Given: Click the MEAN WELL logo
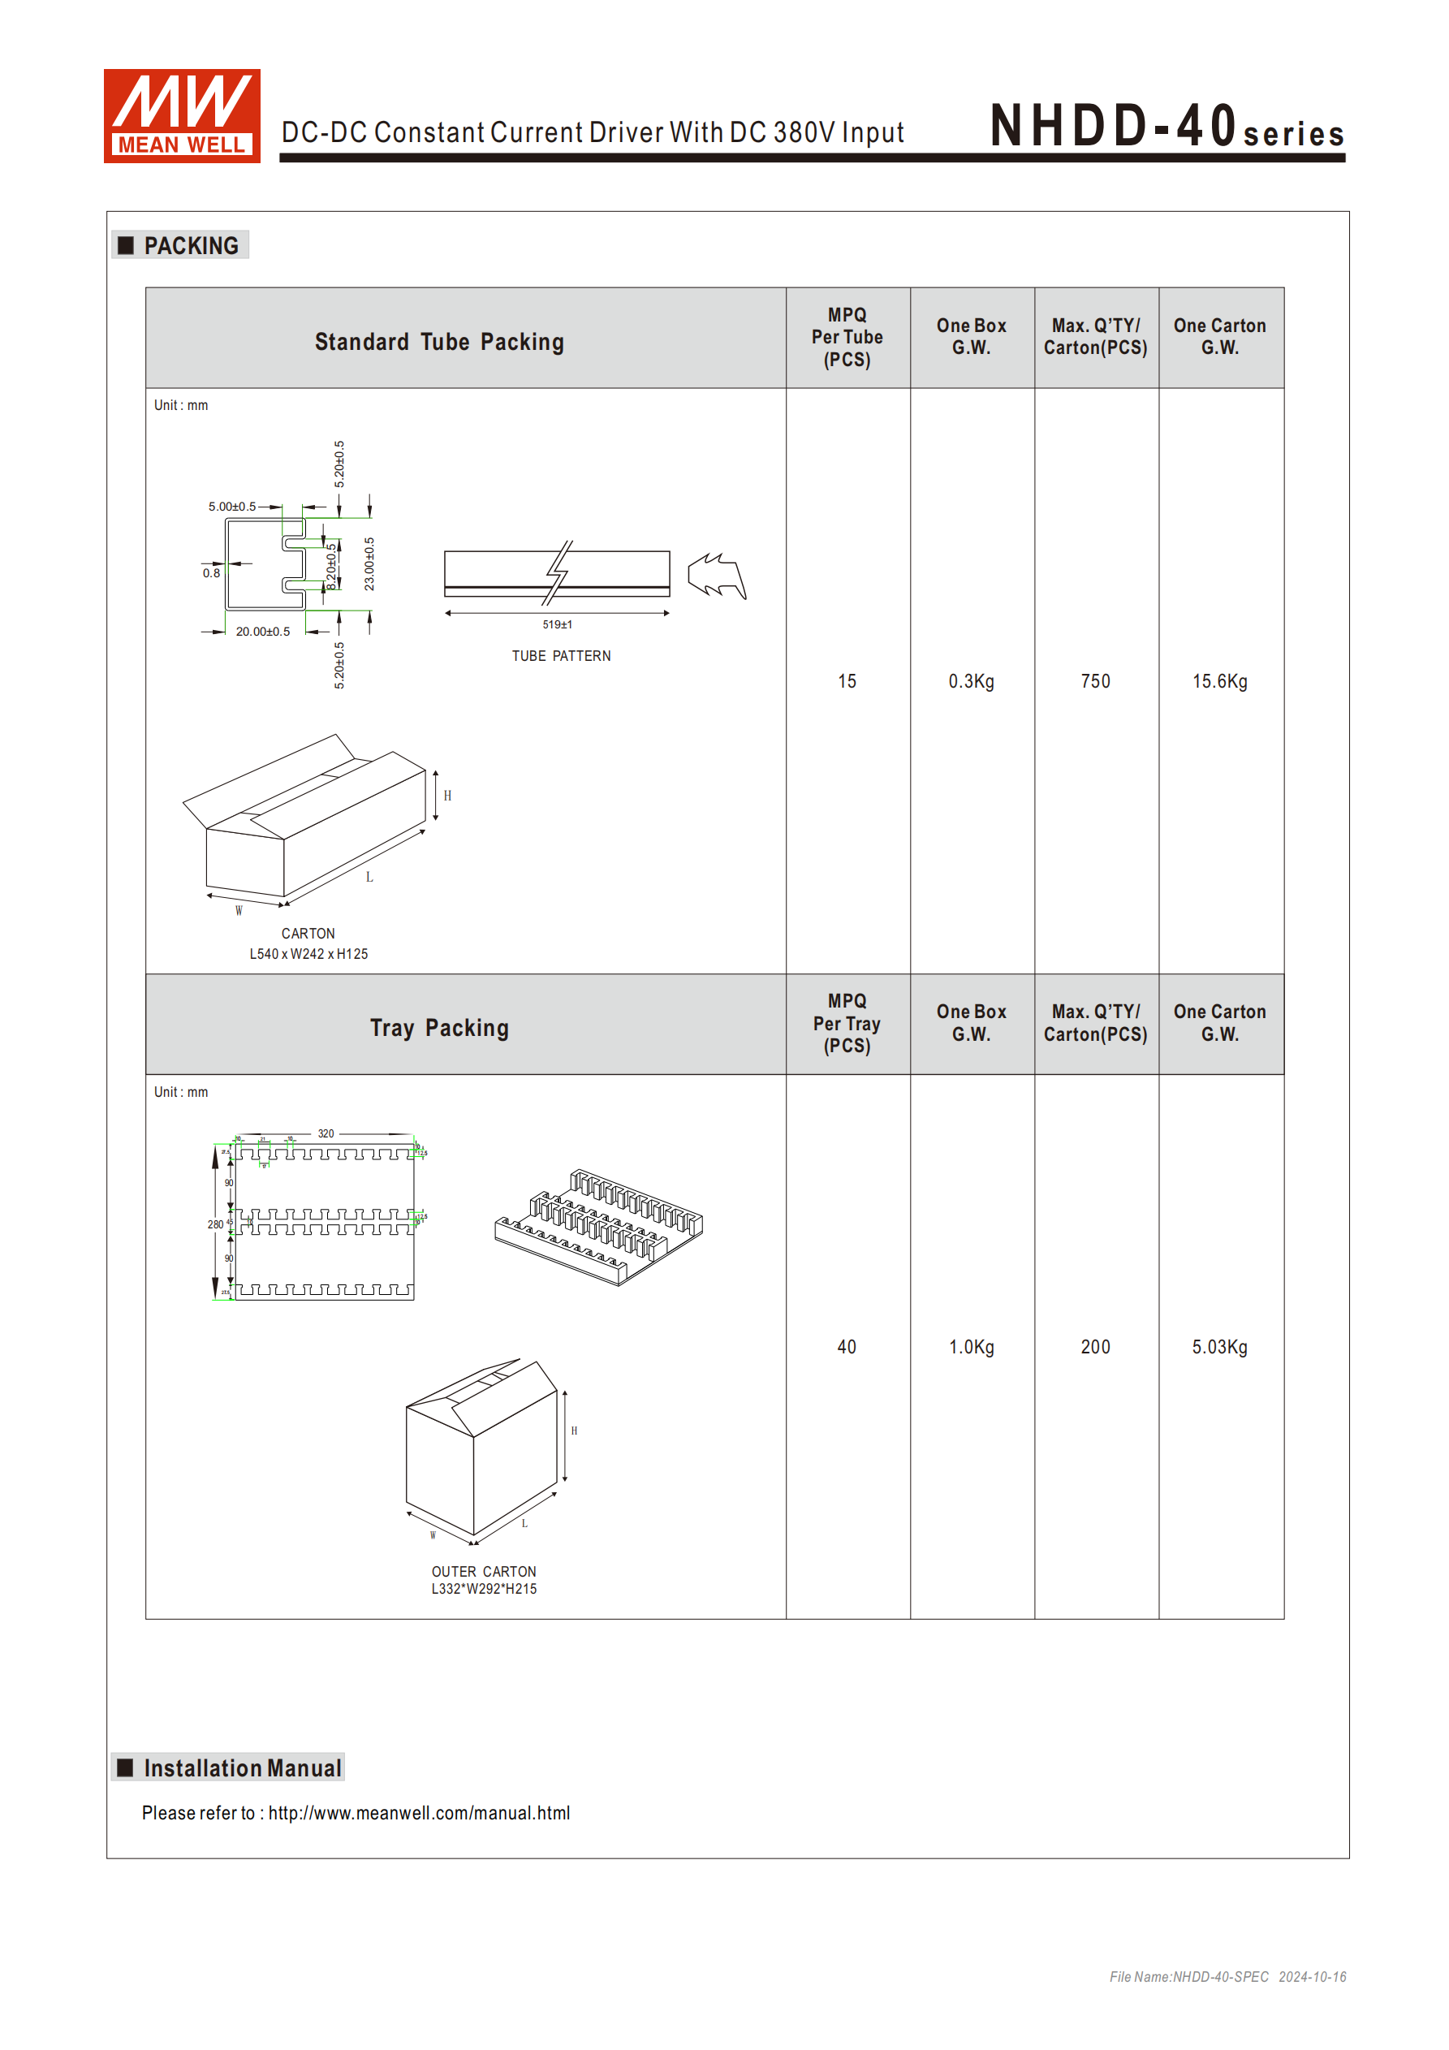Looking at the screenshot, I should pyautogui.click(x=181, y=116).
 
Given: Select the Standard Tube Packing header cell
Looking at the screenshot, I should pyautogui.click(x=439, y=342).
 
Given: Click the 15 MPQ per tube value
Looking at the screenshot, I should pyautogui.click(x=847, y=681).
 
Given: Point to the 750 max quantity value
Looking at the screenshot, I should pyautogui.click(x=1095, y=681).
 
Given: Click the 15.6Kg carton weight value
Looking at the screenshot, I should pyautogui.click(x=1219, y=681).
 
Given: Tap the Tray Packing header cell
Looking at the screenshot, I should pyautogui.click(x=439, y=1028).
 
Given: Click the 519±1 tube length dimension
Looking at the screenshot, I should pyautogui.click(x=557, y=624).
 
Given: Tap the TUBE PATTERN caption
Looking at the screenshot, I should pyautogui.click(x=561, y=656).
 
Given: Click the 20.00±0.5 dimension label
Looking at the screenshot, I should pyautogui.click(x=262, y=632).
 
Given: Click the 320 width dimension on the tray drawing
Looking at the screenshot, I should pyautogui.click(x=326, y=1134).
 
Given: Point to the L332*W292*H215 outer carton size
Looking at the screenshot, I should pyautogui.click(x=484, y=1590).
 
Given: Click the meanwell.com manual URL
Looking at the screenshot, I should pyautogui.click(x=419, y=1814).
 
